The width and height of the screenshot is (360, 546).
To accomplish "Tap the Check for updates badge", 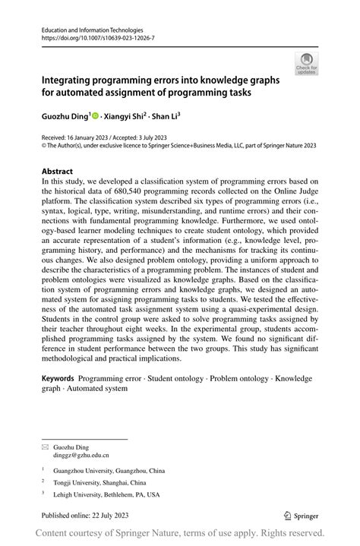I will [x=307, y=63].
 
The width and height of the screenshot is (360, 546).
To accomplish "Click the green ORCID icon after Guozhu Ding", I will [x=96, y=115].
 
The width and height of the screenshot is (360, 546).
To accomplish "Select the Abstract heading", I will [x=58, y=172].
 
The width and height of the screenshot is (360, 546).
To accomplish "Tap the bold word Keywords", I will [x=57, y=378].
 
